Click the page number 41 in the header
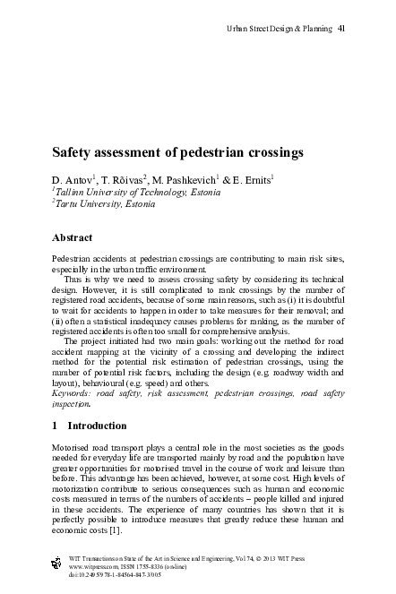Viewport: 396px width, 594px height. tap(341, 29)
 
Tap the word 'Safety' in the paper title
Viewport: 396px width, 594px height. tap(73, 153)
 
